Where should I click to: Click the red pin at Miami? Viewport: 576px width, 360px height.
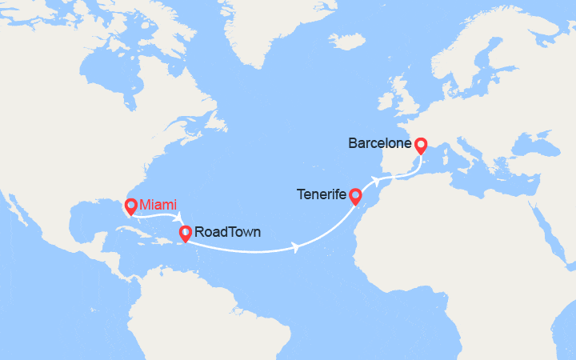[130, 205]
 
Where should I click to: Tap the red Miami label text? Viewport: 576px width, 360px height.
[158, 205]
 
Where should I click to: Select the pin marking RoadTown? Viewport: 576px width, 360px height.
[185, 233]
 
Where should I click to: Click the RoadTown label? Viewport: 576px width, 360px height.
[226, 234]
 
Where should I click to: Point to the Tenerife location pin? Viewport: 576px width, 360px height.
[356, 195]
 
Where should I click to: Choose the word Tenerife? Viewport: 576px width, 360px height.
[321, 194]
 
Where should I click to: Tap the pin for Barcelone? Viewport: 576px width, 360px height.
[421, 145]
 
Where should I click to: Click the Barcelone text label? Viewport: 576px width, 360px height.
[380, 145]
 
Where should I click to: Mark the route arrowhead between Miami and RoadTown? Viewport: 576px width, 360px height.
[180, 216]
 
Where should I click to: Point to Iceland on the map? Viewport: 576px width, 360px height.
[346, 40]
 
